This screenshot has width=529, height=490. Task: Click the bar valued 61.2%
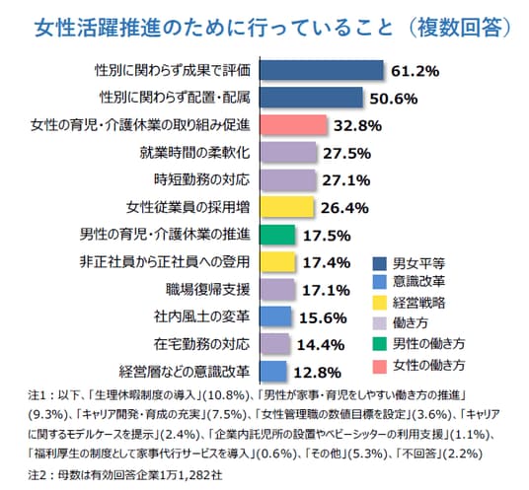pyautogui.click(x=322, y=70)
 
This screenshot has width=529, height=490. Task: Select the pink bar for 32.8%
pyautogui.click(x=293, y=125)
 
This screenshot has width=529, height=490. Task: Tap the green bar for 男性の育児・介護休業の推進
pyautogui.click(x=277, y=235)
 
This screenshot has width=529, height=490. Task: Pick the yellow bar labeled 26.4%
pyautogui.click(x=287, y=207)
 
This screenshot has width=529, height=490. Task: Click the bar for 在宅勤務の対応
pyautogui.click(x=274, y=344)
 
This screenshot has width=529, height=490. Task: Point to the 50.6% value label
pyautogui.click(x=394, y=99)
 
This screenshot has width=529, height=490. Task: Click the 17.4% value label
pyautogui.click(x=327, y=263)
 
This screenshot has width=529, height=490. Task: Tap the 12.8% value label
pyautogui.click(x=317, y=373)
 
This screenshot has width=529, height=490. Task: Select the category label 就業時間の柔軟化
pyautogui.click(x=195, y=153)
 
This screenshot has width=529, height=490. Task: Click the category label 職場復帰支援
pyautogui.click(x=208, y=290)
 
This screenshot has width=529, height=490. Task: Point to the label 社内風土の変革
pyautogui.click(x=201, y=316)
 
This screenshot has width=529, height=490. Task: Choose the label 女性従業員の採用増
pyautogui.click(x=188, y=207)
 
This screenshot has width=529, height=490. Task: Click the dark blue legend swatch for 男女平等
pyautogui.click(x=379, y=263)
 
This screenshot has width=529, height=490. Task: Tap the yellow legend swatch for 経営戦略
pyautogui.click(x=379, y=303)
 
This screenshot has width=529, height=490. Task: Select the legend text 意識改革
pyautogui.click(x=418, y=282)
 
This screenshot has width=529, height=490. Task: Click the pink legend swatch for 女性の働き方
pyautogui.click(x=379, y=367)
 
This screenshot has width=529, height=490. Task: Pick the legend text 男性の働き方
pyautogui.click(x=428, y=344)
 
